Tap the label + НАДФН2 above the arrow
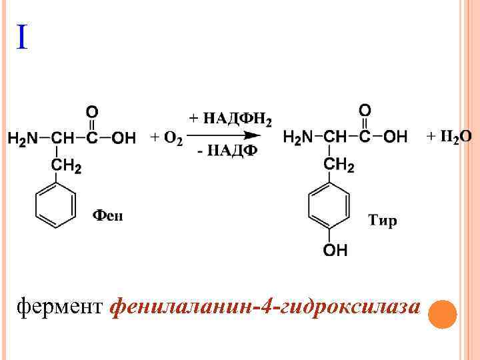click(230, 119)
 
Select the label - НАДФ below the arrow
click(227, 151)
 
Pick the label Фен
click(107, 215)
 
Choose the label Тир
click(382, 220)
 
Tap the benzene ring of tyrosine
click(329, 207)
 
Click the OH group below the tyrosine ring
click(335, 251)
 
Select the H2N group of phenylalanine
click(21, 139)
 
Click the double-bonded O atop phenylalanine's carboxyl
click(92, 111)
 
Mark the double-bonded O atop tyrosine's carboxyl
click(365, 109)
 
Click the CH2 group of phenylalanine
click(67, 167)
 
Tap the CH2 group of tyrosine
click(339, 164)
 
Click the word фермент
click(61, 307)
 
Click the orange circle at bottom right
click(442, 314)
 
